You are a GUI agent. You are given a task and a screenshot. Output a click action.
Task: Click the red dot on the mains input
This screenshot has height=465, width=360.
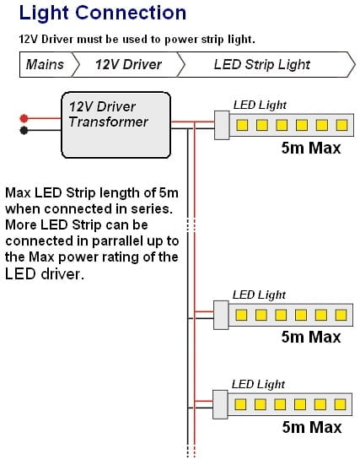(x=24, y=118)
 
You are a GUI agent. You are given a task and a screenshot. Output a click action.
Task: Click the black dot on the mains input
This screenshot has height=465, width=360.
(x=24, y=130)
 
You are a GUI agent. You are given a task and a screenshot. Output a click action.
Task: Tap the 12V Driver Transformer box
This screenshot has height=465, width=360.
(x=116, y=125)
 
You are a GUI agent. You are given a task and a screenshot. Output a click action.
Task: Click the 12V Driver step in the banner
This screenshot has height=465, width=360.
(x=128, y=64)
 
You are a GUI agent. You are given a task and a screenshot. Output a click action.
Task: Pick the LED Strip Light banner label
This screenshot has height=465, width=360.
(x=262, y=64)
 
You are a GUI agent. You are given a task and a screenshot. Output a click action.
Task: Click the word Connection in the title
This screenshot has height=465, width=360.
(x=131, y=13)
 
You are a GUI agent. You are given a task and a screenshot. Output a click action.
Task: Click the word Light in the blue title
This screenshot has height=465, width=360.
(x=44, y=14)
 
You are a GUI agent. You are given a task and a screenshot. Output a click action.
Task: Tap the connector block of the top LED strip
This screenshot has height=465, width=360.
(x=222, y=125)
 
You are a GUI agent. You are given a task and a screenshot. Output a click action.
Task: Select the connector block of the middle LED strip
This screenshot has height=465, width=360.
(x=221, y=315)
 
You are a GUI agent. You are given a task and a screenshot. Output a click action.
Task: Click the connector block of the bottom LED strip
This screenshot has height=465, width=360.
(x=220, y=404)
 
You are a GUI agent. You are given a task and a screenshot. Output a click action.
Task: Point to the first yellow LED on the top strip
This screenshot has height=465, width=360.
(x=242, y=125)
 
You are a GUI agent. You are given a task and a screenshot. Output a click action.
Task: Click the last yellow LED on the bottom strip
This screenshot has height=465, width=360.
(x=340, y=404)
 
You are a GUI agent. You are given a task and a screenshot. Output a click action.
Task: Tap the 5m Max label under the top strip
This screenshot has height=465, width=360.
(x=311, y=148)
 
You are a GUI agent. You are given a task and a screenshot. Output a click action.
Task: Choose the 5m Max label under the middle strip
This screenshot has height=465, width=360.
(x=311, y=337)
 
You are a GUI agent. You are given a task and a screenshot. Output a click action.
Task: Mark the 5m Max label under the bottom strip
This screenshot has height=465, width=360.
(x=312, y=427)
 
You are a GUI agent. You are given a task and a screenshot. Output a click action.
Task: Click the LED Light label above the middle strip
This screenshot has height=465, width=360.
(x=259, y=295)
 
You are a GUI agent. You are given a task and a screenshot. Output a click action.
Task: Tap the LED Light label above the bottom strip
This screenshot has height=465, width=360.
(x=258, y=384)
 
